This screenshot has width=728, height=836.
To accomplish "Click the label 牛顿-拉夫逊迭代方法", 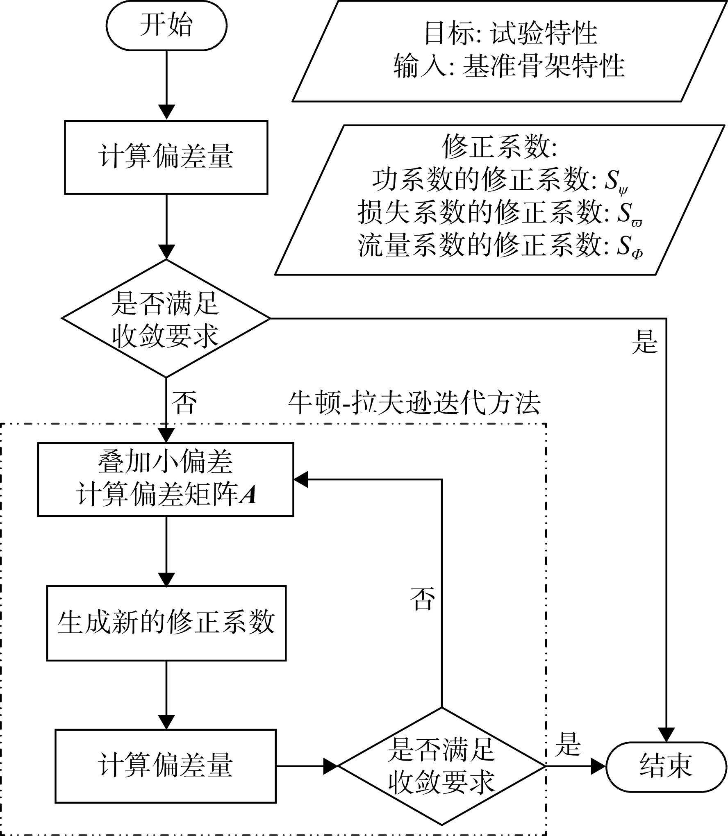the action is pos(414,403).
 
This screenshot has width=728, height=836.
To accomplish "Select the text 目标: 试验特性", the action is pos(510,33).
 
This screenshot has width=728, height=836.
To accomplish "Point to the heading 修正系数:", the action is pos(500,146).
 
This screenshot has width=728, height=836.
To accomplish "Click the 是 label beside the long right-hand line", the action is pos(645,342).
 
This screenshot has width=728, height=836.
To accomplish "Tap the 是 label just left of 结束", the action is pos(568,744).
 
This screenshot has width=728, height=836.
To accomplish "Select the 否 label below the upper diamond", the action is pos(184,403).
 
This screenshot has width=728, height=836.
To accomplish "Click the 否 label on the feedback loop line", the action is pos(423,600).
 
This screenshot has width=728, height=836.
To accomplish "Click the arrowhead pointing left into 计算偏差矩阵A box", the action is pos(301,479).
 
